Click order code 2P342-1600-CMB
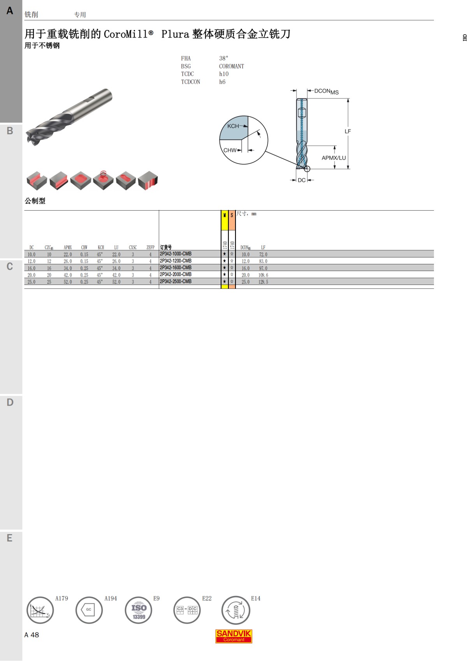point(176,268)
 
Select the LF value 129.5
point(263,282)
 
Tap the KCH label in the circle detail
point(233,126)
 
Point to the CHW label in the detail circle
point(230,150)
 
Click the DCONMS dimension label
point(326,91)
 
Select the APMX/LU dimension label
point(334,158)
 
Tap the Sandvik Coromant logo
point(234,636)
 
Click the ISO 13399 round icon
point(139,610)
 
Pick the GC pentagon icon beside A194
point(89,610)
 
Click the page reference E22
point(207,598)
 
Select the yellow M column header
point(225,215)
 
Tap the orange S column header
point(232,215)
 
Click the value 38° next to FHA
point(223,58)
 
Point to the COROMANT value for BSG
point(231,66)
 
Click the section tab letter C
point(10,267)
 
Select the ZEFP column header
point(150,247)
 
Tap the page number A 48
point(32,635)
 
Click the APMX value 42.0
point(68,275)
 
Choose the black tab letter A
point(10,11)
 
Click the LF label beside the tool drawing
point(348,132)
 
